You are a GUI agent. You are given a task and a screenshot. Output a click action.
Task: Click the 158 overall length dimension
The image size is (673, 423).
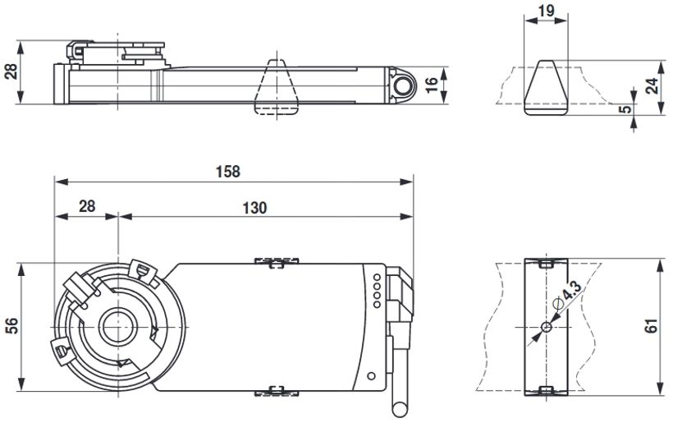pyautogui.click(x=228, y=172)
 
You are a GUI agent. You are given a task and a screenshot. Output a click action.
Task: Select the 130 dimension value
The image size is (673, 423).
pyautogui.click(x=254, y=208)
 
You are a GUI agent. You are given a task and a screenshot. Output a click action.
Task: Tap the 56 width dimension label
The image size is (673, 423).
pyautogui.click(x=11, y=325)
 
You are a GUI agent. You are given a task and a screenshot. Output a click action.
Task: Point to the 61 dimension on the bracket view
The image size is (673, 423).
pyautogui.click(x=652, y=326)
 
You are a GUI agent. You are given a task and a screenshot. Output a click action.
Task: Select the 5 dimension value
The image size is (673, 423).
pyautogui.click(x=625, y=108)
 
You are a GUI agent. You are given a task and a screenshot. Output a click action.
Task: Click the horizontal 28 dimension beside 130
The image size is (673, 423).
pyautogui.click(x=86, y=208)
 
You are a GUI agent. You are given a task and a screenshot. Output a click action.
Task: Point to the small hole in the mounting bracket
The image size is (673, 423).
pyautogui.click(x=546, y=328)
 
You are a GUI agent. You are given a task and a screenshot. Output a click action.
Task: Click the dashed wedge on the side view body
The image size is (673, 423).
pyautogui.click(x=274, y=86)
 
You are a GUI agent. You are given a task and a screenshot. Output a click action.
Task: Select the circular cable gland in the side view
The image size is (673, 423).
pyautogui.click(x=404, y=86)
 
